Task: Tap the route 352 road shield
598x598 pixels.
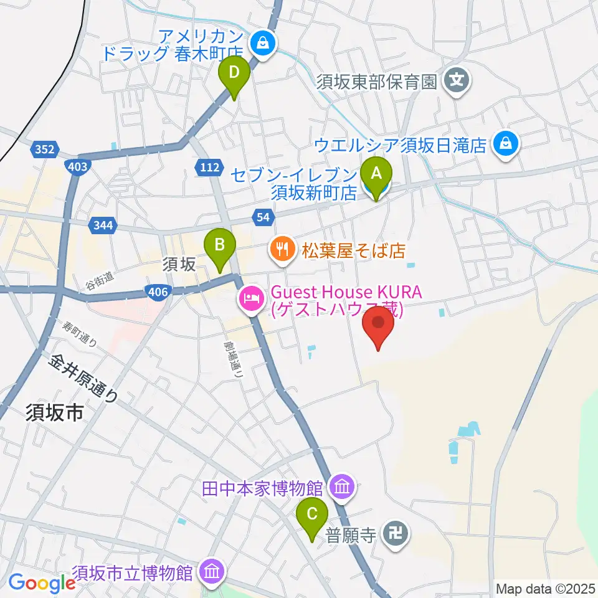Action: [x=45, y=149]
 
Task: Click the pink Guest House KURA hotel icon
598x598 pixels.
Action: [x=251, y=300]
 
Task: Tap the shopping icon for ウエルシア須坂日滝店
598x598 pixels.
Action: [x=503, y=145]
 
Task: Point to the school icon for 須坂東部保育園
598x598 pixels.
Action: [x=458, y=80]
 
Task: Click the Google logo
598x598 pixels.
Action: [x=42, y=584]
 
